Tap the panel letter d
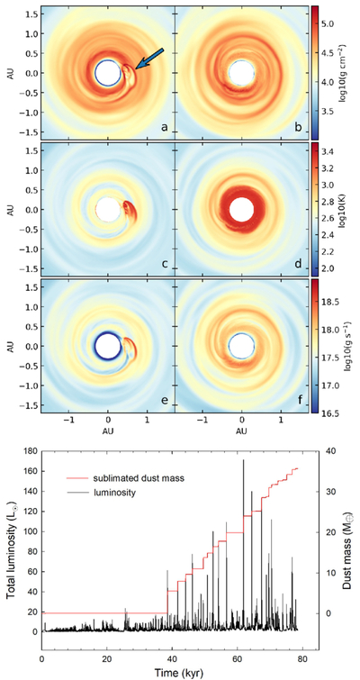tap(299, 263)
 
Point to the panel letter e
tap(165, 400)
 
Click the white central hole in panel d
tap(242, 210)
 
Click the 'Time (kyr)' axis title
tap(179, 672)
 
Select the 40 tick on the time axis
tap(172, 657)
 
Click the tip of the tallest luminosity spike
tap(244, 459)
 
